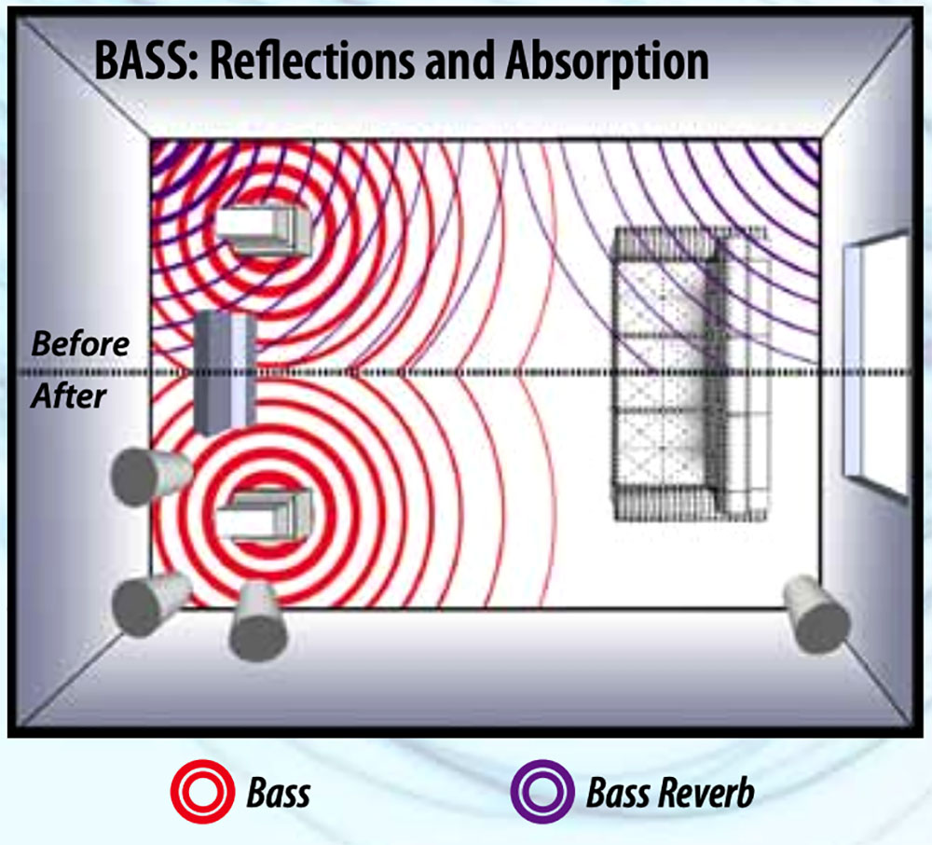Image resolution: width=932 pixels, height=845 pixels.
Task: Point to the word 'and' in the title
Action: tap(460, 62)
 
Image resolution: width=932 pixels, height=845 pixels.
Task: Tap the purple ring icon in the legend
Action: tap(539, 795)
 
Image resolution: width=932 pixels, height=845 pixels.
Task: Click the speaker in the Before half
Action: tap(263, 229)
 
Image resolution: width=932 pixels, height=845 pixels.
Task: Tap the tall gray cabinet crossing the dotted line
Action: tap(225, 372)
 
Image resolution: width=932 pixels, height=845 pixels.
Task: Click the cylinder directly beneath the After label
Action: tap(149, 476)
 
